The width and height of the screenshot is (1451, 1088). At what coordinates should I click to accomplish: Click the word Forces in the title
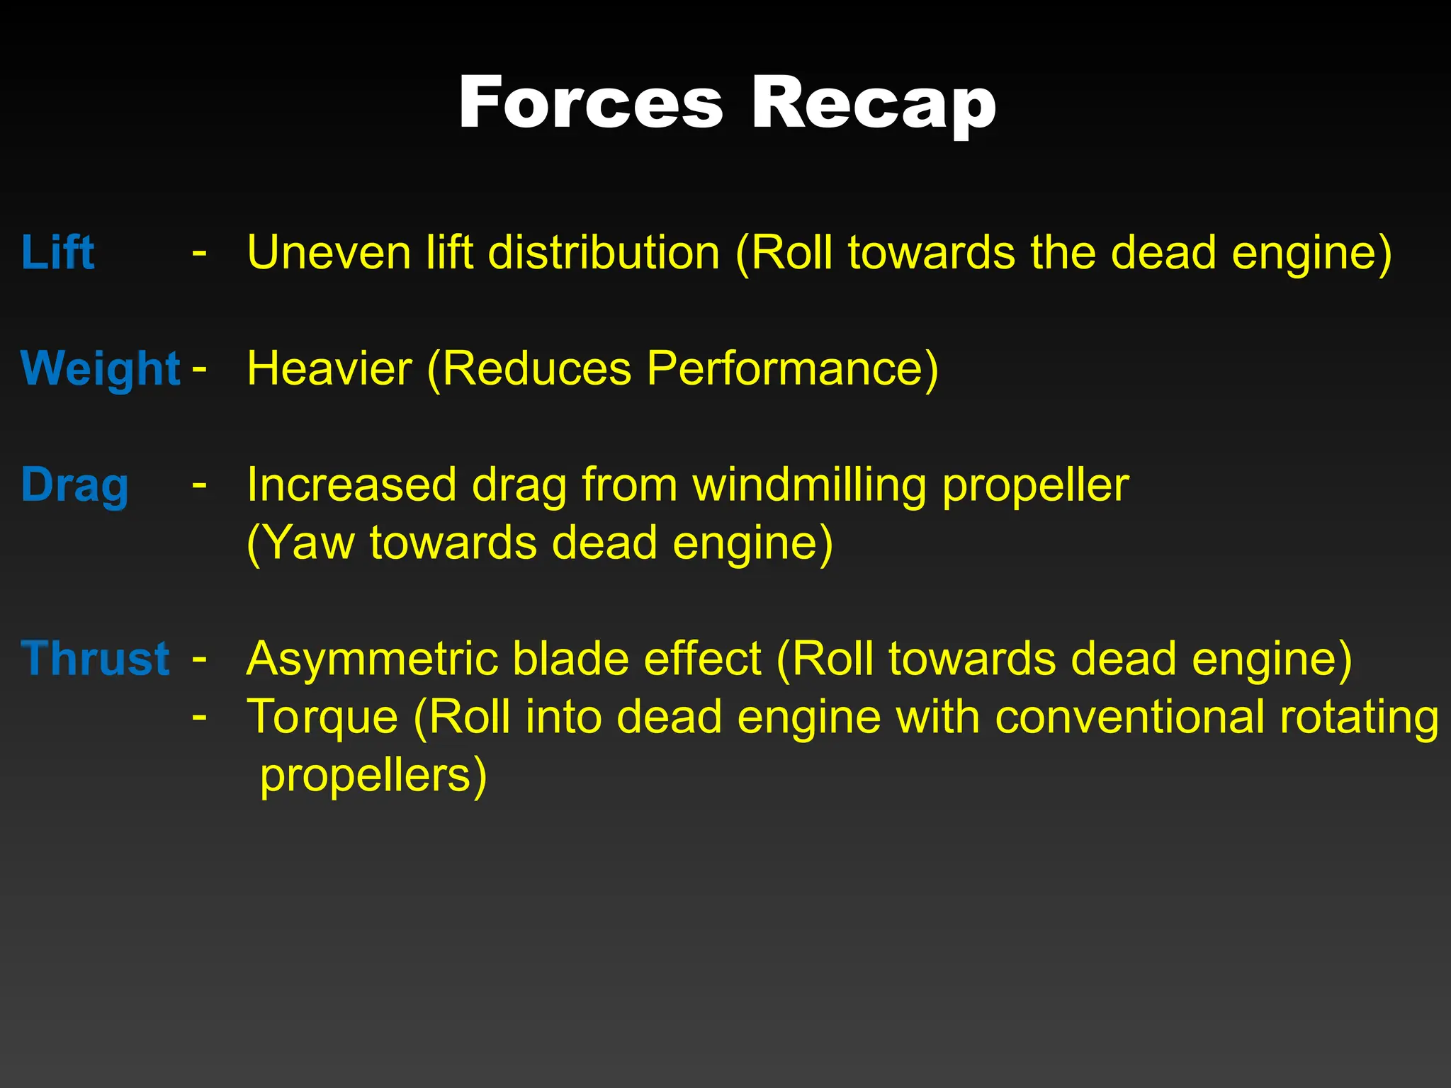coord(590,103)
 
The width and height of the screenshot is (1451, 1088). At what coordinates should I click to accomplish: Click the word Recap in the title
coord(873,103)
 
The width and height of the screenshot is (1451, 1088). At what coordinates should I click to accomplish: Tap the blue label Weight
coord(101,368)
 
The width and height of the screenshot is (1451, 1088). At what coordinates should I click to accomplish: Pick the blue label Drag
coord(75,485)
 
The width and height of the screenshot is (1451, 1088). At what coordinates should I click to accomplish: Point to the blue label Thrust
coord(96,659)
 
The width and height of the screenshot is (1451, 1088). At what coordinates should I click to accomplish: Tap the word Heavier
coord(329,368)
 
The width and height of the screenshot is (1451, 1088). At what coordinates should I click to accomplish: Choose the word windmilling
coord(810,485)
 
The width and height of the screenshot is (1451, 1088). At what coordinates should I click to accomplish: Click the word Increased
coord(351,485)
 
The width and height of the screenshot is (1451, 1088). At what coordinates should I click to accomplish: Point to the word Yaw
coord(301,543)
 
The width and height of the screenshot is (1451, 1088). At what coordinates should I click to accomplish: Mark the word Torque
coord(322,717)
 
